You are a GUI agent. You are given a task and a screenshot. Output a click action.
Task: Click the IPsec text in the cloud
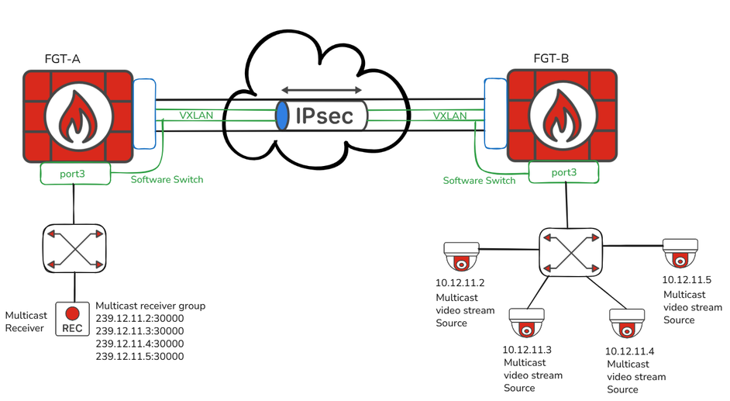point(324,116)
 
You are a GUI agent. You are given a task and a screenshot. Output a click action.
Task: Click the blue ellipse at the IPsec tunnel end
point(283,116)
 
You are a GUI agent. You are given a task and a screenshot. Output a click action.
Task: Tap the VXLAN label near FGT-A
point(196,116)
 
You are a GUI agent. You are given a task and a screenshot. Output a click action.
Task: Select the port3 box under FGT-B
point(563,172)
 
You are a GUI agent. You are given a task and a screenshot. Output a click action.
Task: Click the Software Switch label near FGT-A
point(167,179)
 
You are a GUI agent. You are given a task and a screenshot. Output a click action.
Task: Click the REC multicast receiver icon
point(72,319)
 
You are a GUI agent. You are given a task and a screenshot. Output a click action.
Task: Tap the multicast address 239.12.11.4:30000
point(139,344)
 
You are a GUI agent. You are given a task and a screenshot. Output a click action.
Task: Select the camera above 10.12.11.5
point(681,253)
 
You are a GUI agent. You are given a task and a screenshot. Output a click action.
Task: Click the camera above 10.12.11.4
point(628,322)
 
